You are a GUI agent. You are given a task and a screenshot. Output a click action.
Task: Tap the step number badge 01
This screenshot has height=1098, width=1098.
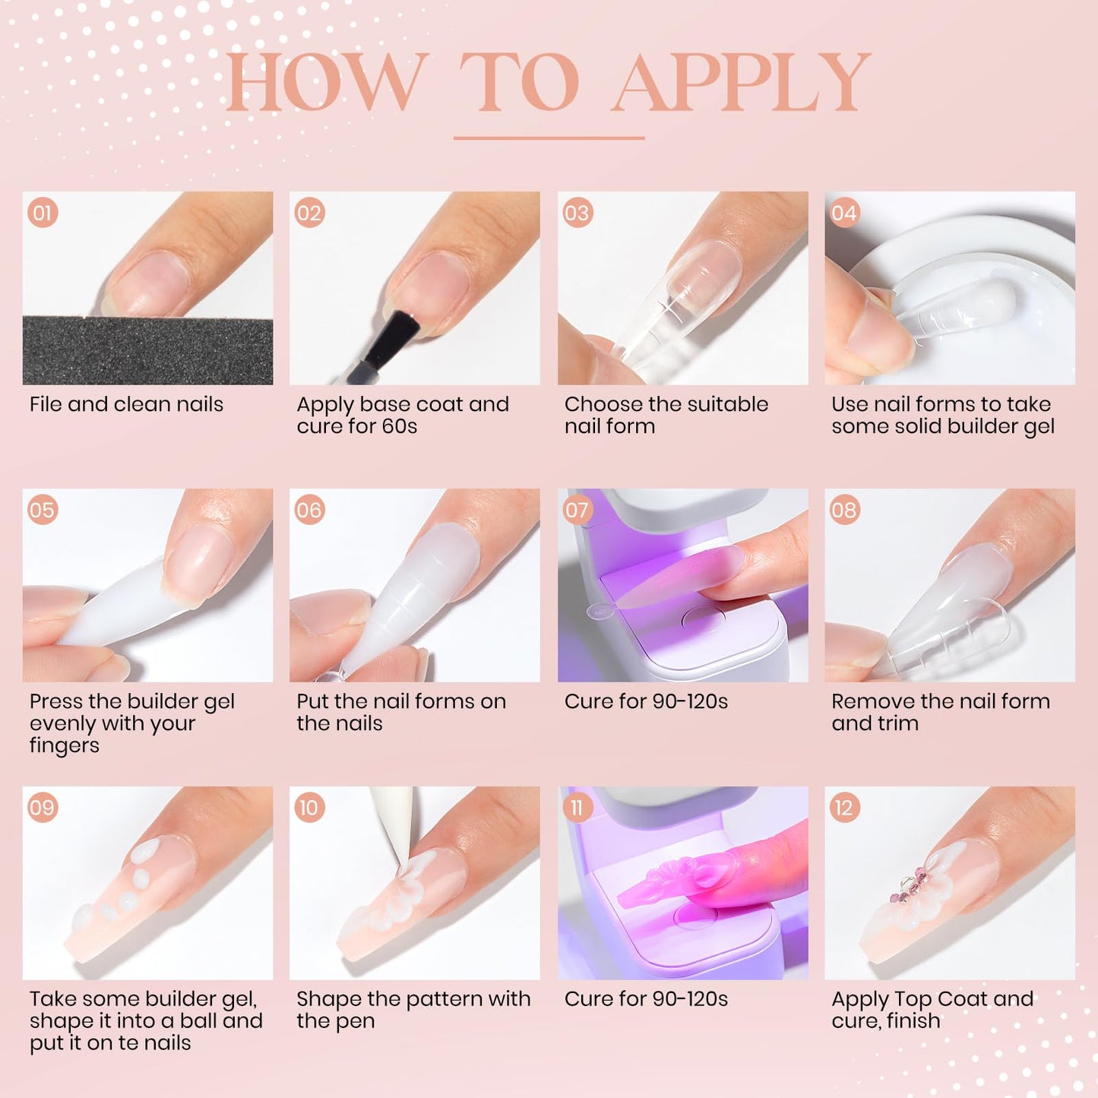43,213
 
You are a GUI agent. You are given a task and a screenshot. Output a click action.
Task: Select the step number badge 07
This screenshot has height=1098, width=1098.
577,510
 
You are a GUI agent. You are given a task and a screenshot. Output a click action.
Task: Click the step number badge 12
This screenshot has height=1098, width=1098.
844,808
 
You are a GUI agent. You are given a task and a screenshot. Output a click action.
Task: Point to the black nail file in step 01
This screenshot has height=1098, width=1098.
147,350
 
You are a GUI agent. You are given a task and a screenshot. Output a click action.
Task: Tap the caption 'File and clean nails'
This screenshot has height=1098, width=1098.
126,404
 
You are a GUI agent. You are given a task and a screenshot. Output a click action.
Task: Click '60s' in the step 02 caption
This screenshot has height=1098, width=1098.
400,426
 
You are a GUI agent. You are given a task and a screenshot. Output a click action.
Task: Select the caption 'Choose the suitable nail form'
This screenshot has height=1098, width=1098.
666,415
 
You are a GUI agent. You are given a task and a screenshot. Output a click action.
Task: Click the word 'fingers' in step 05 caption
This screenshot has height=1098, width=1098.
65,745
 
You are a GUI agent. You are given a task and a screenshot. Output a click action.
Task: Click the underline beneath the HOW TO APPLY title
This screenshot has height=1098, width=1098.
549,138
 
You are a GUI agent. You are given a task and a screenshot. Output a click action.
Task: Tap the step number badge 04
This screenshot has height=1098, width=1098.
844,213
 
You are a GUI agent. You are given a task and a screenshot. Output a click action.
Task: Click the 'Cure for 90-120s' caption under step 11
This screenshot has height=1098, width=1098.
646,999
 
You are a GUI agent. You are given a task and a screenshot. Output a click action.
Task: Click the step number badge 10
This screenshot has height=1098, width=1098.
309,808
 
